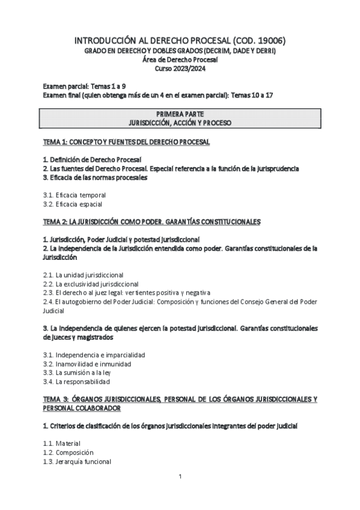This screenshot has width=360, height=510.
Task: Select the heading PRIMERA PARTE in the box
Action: (180, 113)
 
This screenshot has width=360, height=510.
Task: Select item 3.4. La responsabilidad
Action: (76, 381)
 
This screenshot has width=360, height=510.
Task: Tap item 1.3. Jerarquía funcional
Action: (77, 461)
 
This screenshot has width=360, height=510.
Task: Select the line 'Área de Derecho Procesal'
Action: (180, 60)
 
